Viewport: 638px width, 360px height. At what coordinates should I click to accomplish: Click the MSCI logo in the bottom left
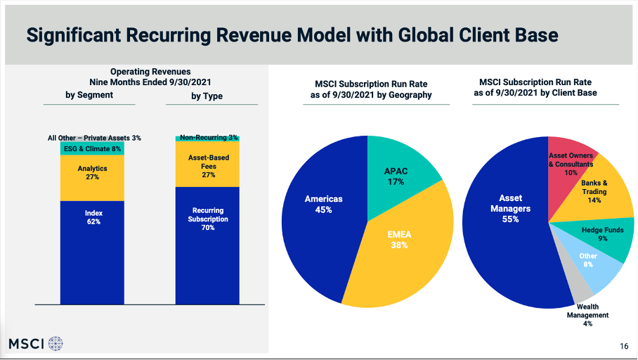pyautogui.click(x=36, y=344)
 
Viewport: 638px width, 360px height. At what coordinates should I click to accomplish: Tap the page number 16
pyautogui.click(x=624, y=345)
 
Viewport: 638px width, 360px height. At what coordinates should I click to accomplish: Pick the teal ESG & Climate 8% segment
pyautogui.click(x=92, y=149)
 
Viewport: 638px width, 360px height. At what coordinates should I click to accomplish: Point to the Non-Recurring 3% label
pyautogui.click(x=209, y=138)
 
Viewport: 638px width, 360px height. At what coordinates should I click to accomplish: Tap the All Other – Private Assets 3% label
pyautogui.click(x=94, y=139)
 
